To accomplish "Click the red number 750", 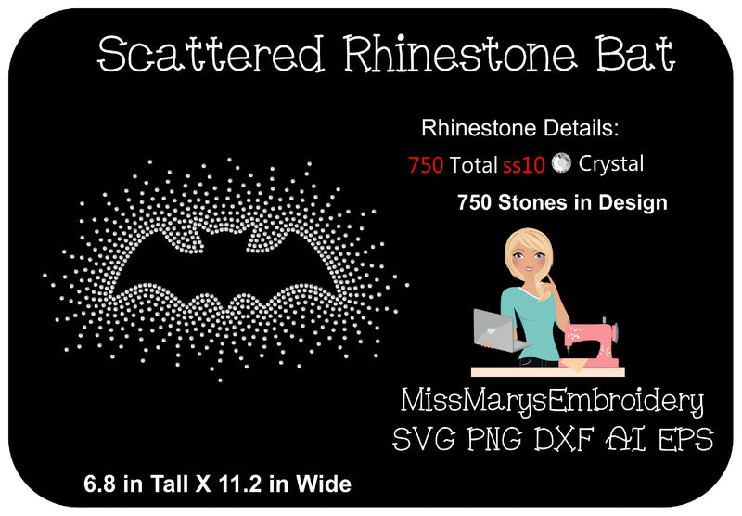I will tap(426, 166).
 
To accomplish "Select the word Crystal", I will tap(611, 164).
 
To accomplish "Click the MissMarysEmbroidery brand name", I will tap(552, 402).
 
